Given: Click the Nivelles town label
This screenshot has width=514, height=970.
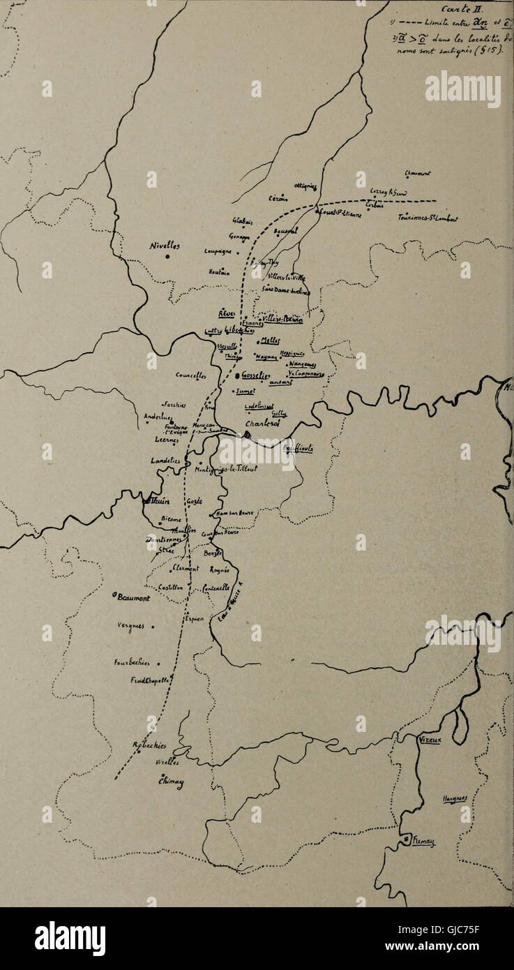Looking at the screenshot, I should coord(165,246).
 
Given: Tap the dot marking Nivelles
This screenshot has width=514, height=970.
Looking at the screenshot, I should coord(168,256).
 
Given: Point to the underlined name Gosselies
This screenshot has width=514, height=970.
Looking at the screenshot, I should coord(256,377).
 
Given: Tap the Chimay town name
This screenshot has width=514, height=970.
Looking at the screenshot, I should coord(172,783).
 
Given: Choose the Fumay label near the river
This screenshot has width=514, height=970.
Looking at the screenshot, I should coord(423,842).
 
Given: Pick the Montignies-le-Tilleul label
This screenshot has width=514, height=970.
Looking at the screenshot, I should coord(227,470).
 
